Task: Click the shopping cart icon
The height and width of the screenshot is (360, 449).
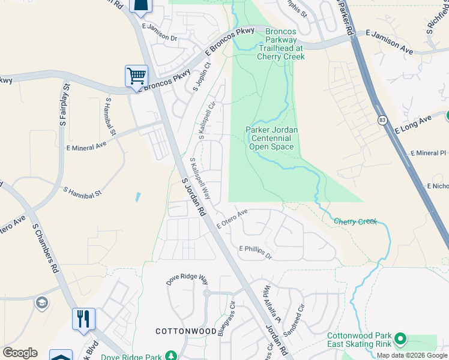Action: pos(137,77)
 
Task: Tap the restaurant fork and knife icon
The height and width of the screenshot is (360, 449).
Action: pos(83,318)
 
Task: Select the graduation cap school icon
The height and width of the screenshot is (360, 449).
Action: pos(41,302)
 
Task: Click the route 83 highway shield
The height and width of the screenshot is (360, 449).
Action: pos(382,121)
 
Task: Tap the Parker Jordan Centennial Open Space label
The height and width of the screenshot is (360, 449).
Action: pos(271,138)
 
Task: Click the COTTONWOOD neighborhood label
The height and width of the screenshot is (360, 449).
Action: pos(185,331)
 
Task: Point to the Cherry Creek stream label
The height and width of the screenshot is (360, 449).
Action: pos(355,221)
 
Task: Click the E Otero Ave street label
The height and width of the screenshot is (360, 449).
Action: pos(233,218)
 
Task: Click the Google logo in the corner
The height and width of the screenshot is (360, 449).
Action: pos(20,353)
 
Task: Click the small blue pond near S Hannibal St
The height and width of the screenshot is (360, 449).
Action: pos(139,196)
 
